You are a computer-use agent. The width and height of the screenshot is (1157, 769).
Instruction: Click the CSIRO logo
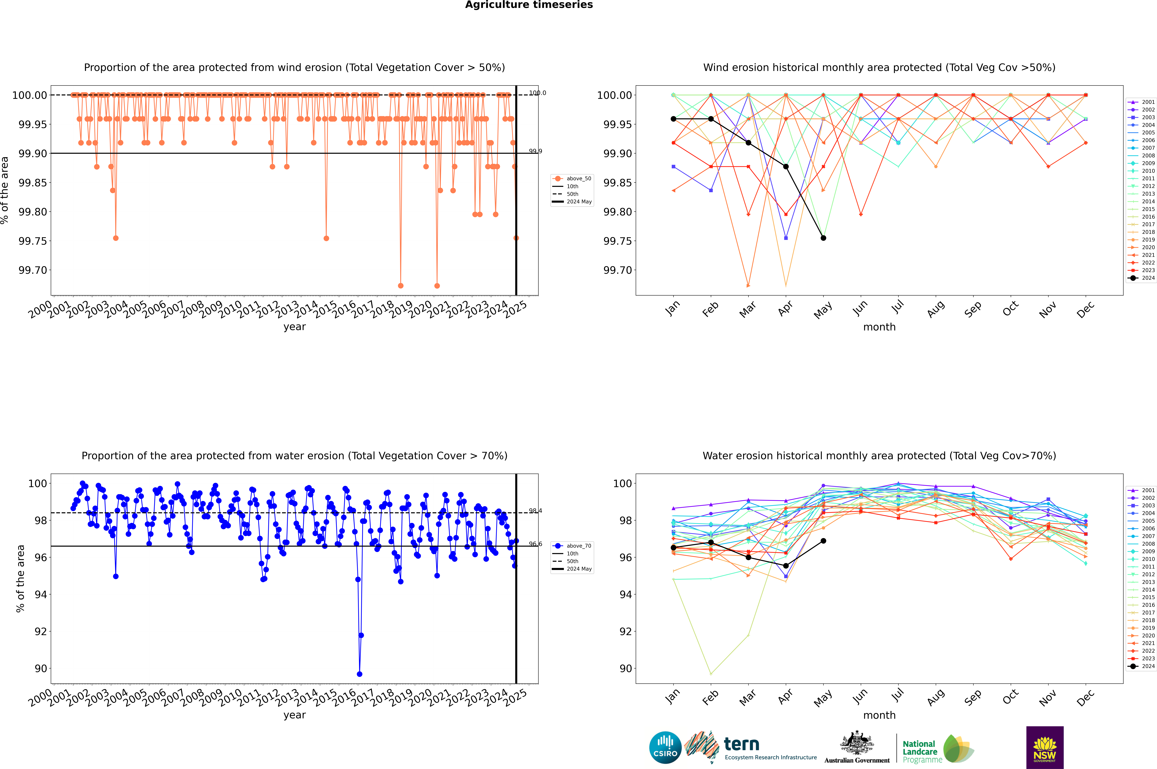pyautogui.click(x=665, y=747)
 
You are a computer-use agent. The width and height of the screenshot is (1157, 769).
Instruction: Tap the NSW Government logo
pyautogui.click(x=1045, y=747)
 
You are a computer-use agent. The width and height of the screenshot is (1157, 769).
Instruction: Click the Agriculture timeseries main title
pyautogui.click(x=529, y=5)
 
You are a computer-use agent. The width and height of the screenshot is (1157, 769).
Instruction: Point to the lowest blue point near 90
pyautogui.click(x=360, y=674)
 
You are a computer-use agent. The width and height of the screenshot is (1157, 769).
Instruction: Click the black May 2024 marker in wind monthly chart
pyautogui.click(x=824, y=238)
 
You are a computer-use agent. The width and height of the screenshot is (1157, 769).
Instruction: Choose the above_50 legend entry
pyautogui.click(x=572, y=179)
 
